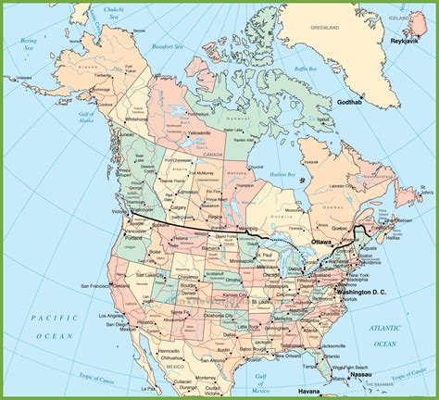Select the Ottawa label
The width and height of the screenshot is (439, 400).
pyautogui.click(x=321, y=243)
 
